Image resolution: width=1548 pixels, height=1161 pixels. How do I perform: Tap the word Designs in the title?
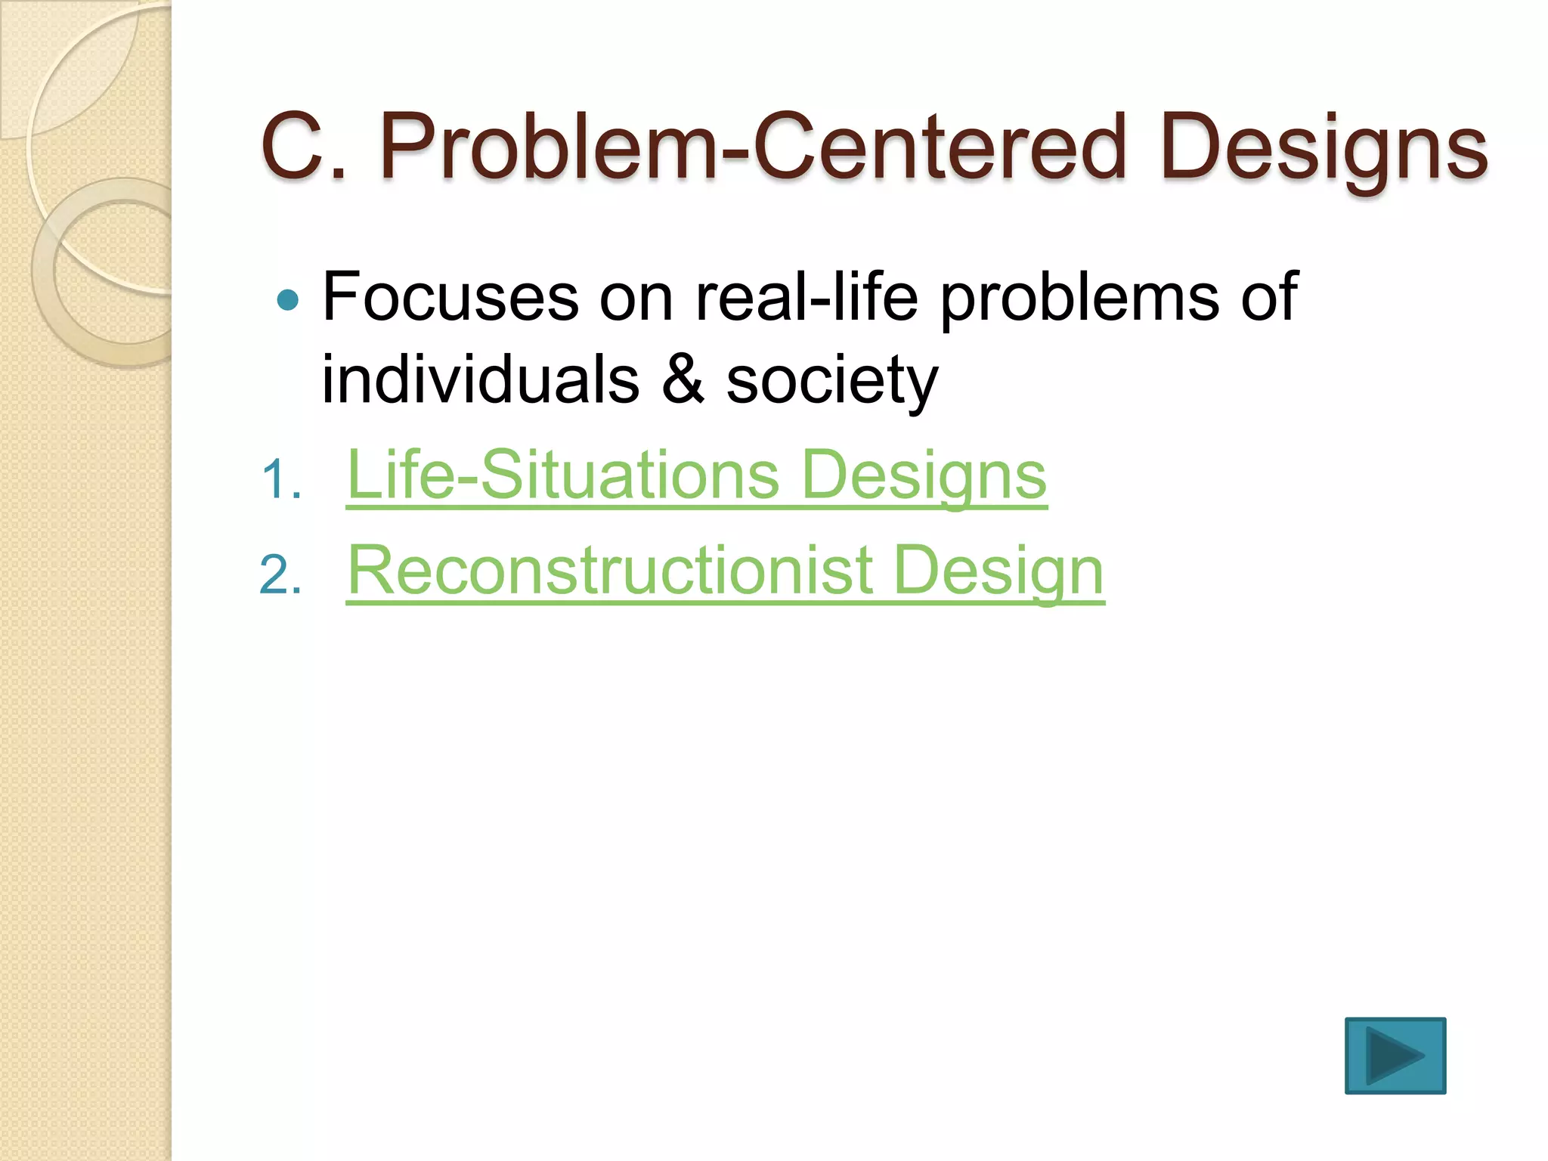(1323, 147)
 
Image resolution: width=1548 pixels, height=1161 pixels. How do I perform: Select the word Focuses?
(450, 297)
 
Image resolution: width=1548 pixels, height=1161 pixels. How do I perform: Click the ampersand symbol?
(683, 379)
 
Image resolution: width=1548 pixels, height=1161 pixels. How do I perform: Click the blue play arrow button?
(1395, 1055)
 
